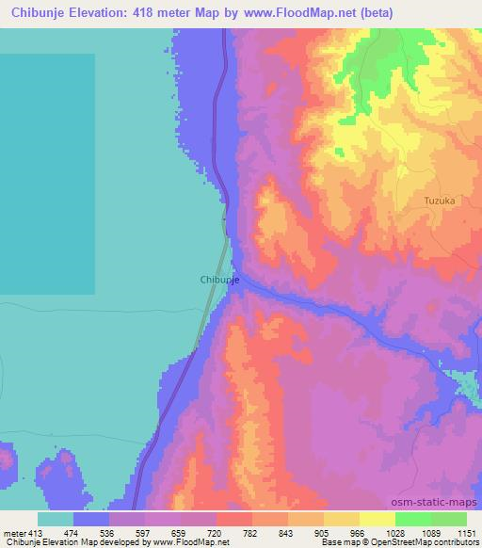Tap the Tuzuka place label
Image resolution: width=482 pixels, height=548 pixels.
click(439, 201)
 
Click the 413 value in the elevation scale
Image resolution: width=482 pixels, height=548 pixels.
click(34, 533)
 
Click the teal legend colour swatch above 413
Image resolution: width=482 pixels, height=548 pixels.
click(56, 519)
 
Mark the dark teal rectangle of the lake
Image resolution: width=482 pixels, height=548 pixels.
click(47, 174)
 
